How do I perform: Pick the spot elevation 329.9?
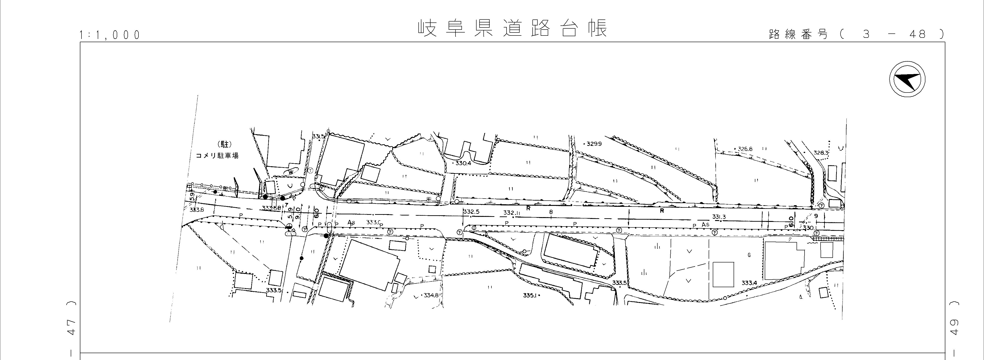tap(594, 144)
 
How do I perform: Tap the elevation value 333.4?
tap(749, 283)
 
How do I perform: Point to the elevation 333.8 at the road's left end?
tap(197, 210)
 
